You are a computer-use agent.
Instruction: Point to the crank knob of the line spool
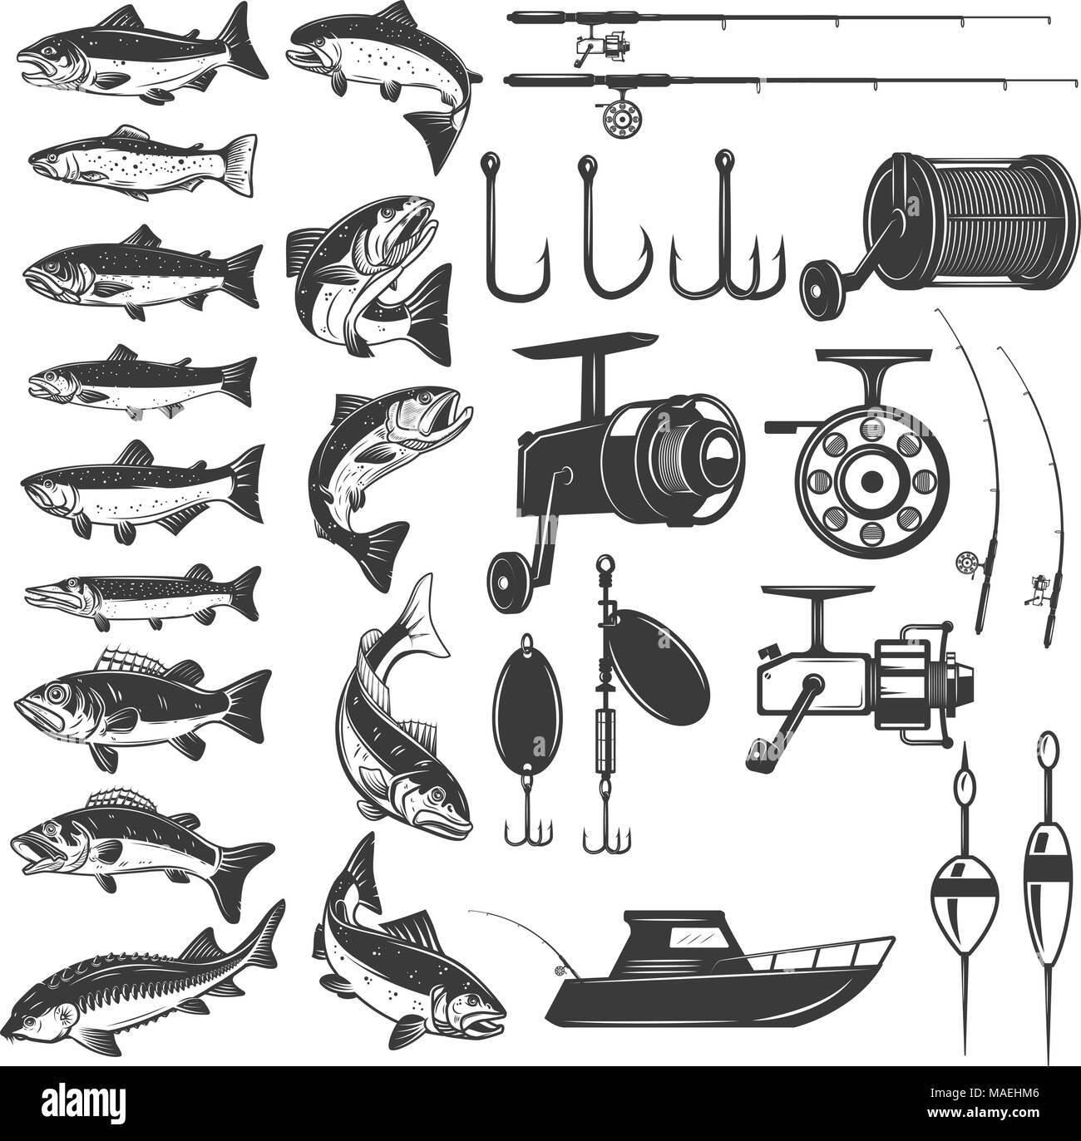point(821,283)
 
